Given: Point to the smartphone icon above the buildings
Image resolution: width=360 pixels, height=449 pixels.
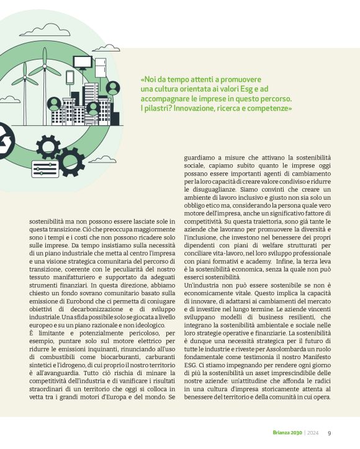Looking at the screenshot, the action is point(70,77).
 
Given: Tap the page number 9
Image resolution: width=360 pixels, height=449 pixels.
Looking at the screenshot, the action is point(329,433).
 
